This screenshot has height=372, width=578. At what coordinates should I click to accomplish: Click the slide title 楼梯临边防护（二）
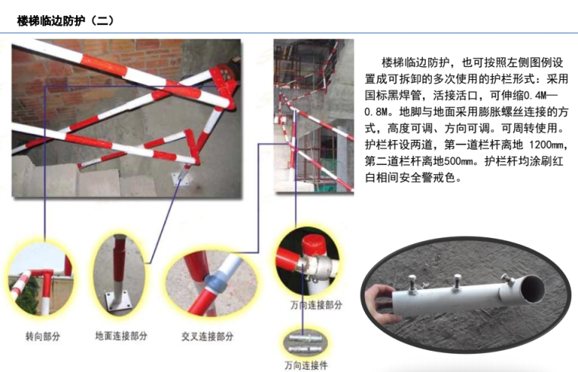tap(65, 21)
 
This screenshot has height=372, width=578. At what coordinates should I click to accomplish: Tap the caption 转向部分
tap(43, 336)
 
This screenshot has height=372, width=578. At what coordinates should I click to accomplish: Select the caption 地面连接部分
tap(121, 336)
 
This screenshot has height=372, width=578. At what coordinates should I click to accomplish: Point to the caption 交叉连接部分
tap(208, 336)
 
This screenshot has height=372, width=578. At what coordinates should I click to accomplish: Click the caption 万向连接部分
tap(316, 305)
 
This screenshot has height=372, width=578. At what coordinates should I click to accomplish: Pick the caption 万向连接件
tap(306, 365)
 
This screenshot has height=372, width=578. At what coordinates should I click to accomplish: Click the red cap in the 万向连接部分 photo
tap(313, 244)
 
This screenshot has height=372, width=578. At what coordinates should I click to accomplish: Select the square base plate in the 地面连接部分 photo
tap(118, 300)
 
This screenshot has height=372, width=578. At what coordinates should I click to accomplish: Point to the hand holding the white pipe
tap(378, 302)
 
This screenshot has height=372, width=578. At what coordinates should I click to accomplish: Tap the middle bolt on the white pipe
tap(457, 283)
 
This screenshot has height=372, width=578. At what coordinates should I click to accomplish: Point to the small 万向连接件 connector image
tap(306, 342)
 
